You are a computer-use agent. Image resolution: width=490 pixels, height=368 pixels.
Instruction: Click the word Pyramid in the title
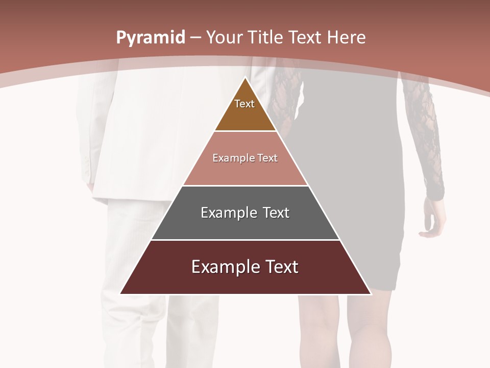(151, 38)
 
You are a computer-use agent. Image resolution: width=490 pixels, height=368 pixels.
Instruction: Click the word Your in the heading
(224, 37)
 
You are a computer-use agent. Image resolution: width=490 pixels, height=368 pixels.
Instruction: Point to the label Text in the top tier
(244, 104)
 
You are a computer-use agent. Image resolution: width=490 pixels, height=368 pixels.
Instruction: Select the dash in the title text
(195, 38)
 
